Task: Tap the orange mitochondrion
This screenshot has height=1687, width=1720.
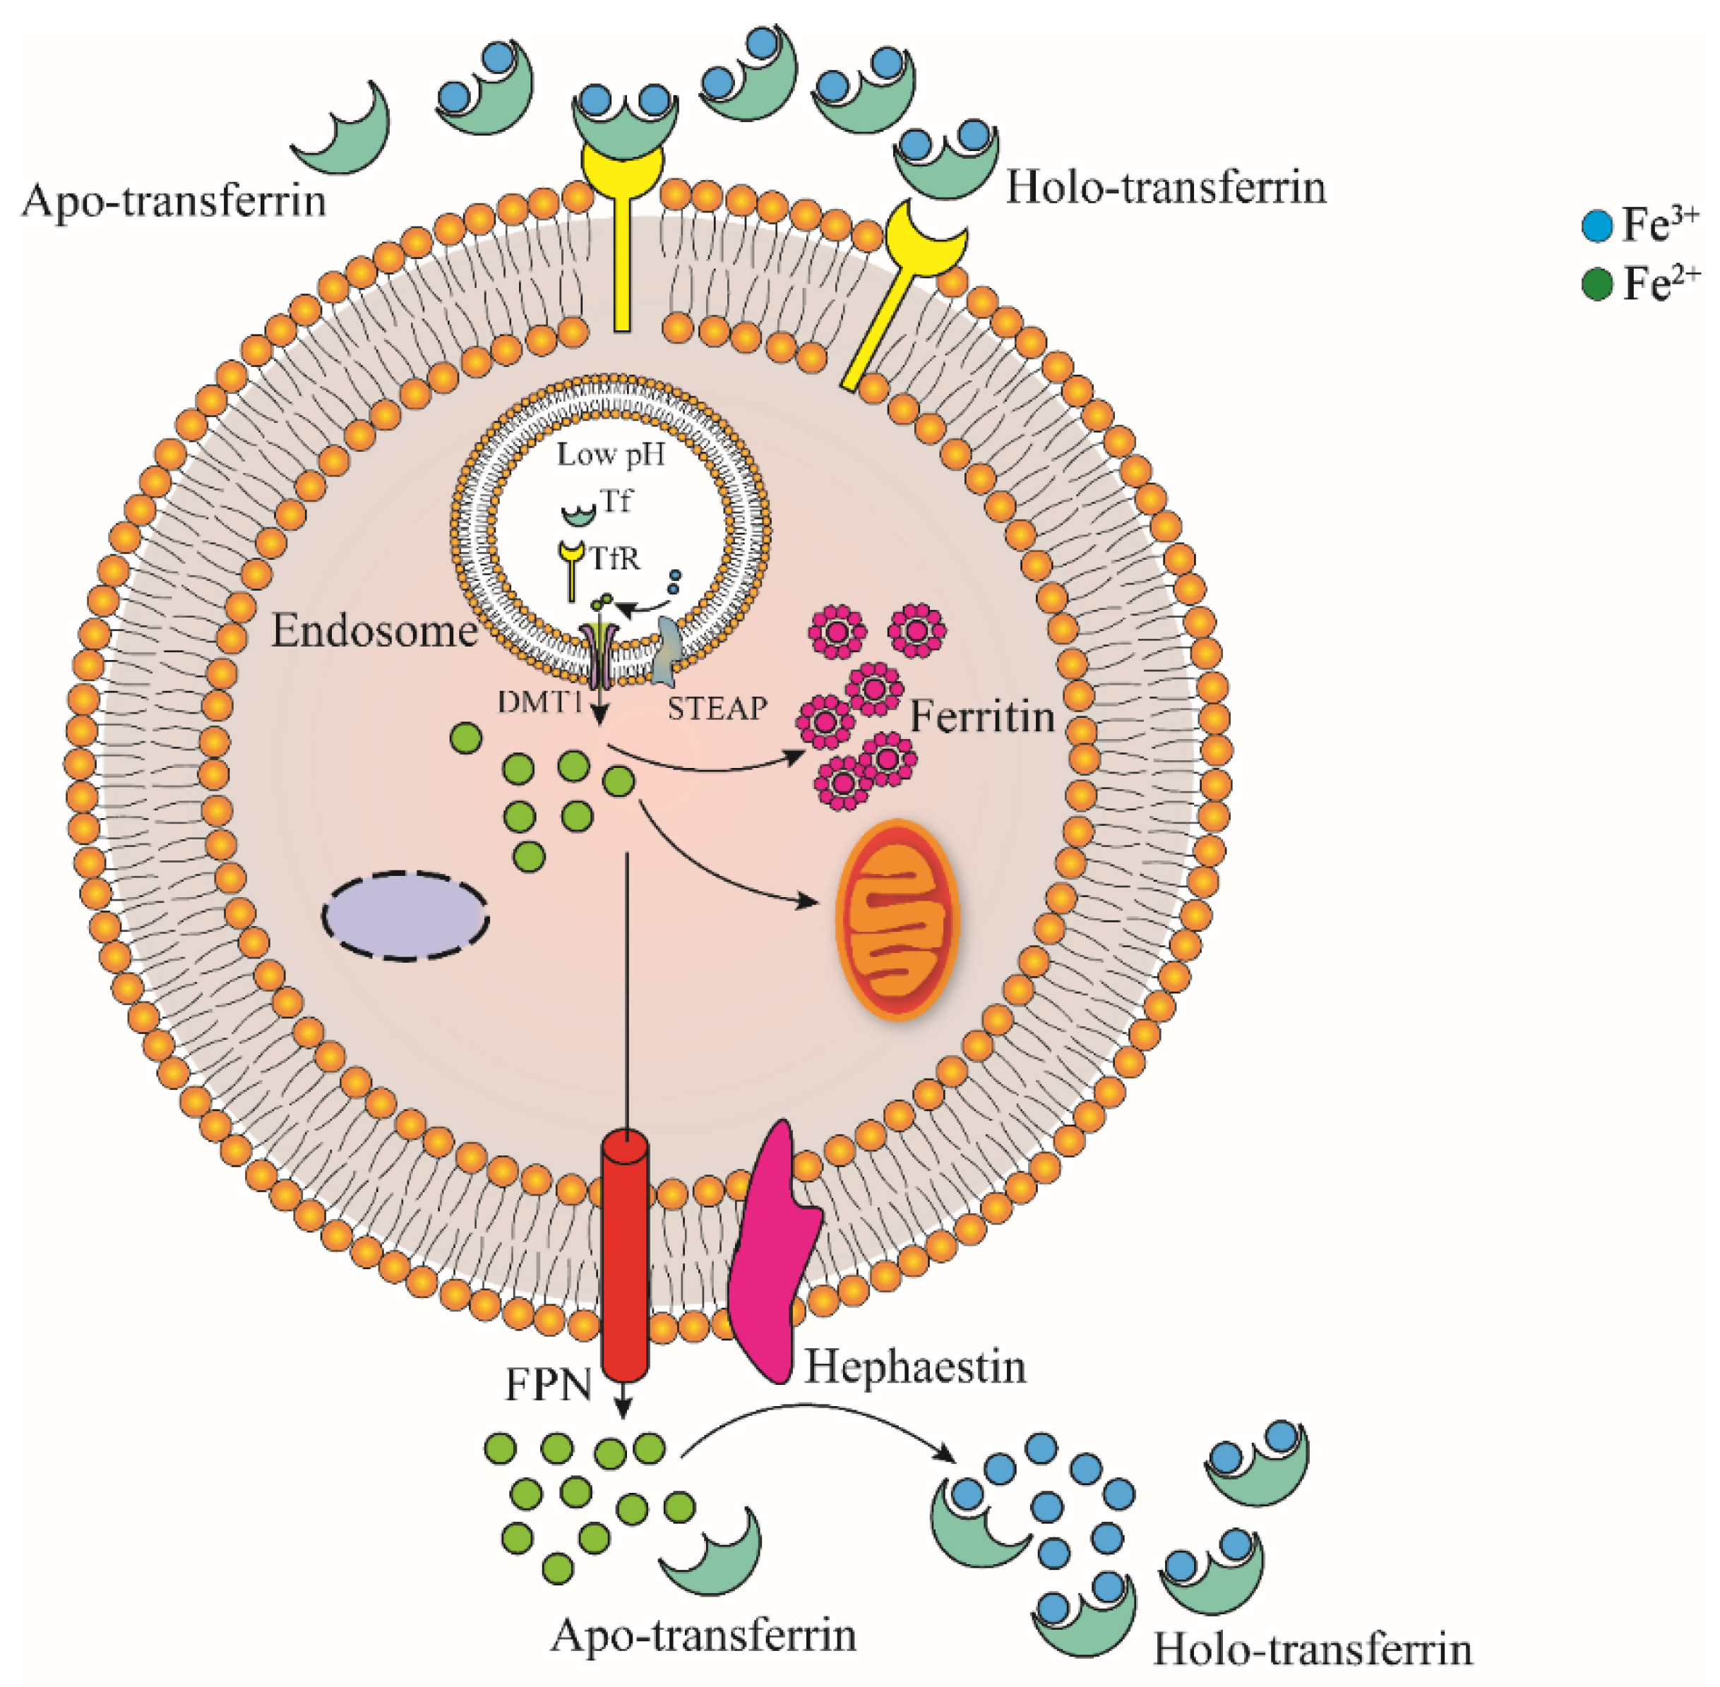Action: click(897, 919)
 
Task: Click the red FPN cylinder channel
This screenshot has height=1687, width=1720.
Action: click(624, 1258)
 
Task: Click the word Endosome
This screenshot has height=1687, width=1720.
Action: click(374, 631)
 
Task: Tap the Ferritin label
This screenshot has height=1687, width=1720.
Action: click(982, 716)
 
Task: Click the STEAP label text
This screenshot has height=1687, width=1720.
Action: click(716, 709)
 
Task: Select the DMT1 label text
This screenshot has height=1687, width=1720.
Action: click(539, 702)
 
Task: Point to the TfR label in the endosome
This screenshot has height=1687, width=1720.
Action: click(615, 559)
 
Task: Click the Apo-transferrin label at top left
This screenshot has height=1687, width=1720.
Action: click(174, 201)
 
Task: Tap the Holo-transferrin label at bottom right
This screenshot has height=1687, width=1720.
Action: click(1313, 1649)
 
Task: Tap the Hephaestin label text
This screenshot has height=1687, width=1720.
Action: click(914, 1367)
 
